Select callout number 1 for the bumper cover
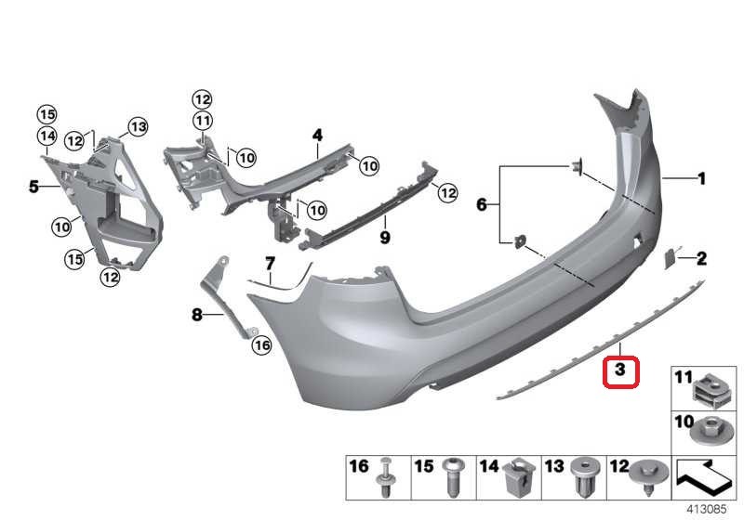coord(702,177)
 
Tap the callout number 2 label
coord(702,258)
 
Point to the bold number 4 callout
coord(317,136)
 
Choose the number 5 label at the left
coord(33,187)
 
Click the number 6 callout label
coord(482,204)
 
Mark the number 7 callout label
coord(270,263)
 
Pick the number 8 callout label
coord(196,316)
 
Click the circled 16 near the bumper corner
coord(261,344)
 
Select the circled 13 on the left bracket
coord(138,126)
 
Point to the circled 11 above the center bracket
coord(203,120)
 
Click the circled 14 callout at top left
coord(47,136)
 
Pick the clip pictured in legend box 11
coord(711,387)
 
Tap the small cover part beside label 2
coord(670,256)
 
